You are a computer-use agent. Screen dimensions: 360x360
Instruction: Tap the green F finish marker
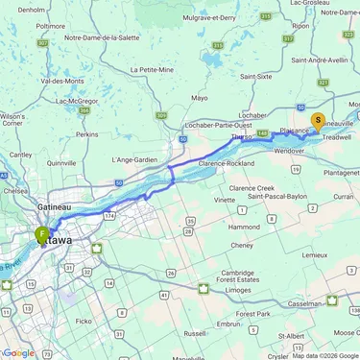[x=42, y=233]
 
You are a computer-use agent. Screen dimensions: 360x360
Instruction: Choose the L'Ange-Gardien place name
[x=134, y=158]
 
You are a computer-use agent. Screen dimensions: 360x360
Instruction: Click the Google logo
[x=18, y=353]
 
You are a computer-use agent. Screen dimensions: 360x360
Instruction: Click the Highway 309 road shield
[x=161, y=115]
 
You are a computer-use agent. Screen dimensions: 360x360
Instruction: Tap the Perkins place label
[x=88, y=134]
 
